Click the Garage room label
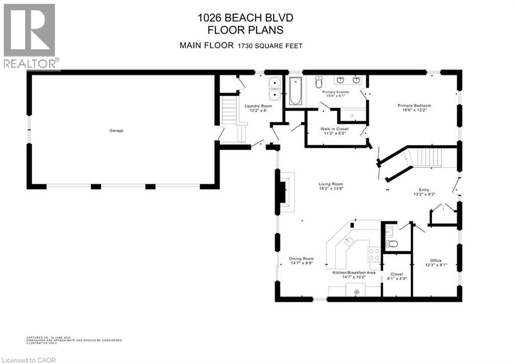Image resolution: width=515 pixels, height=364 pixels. coord(116,130)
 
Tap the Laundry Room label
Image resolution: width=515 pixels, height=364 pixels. coord(258,106)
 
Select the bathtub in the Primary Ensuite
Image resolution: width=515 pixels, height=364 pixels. coord(295,92)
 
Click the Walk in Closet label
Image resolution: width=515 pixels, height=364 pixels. coord(334,129)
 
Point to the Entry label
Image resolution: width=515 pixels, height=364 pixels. coord(420,190)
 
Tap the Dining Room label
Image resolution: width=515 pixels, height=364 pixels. coord(301,259)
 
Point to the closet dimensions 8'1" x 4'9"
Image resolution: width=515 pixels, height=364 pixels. coord(397,278)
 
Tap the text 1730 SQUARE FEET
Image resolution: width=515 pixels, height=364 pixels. coord(270,46)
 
